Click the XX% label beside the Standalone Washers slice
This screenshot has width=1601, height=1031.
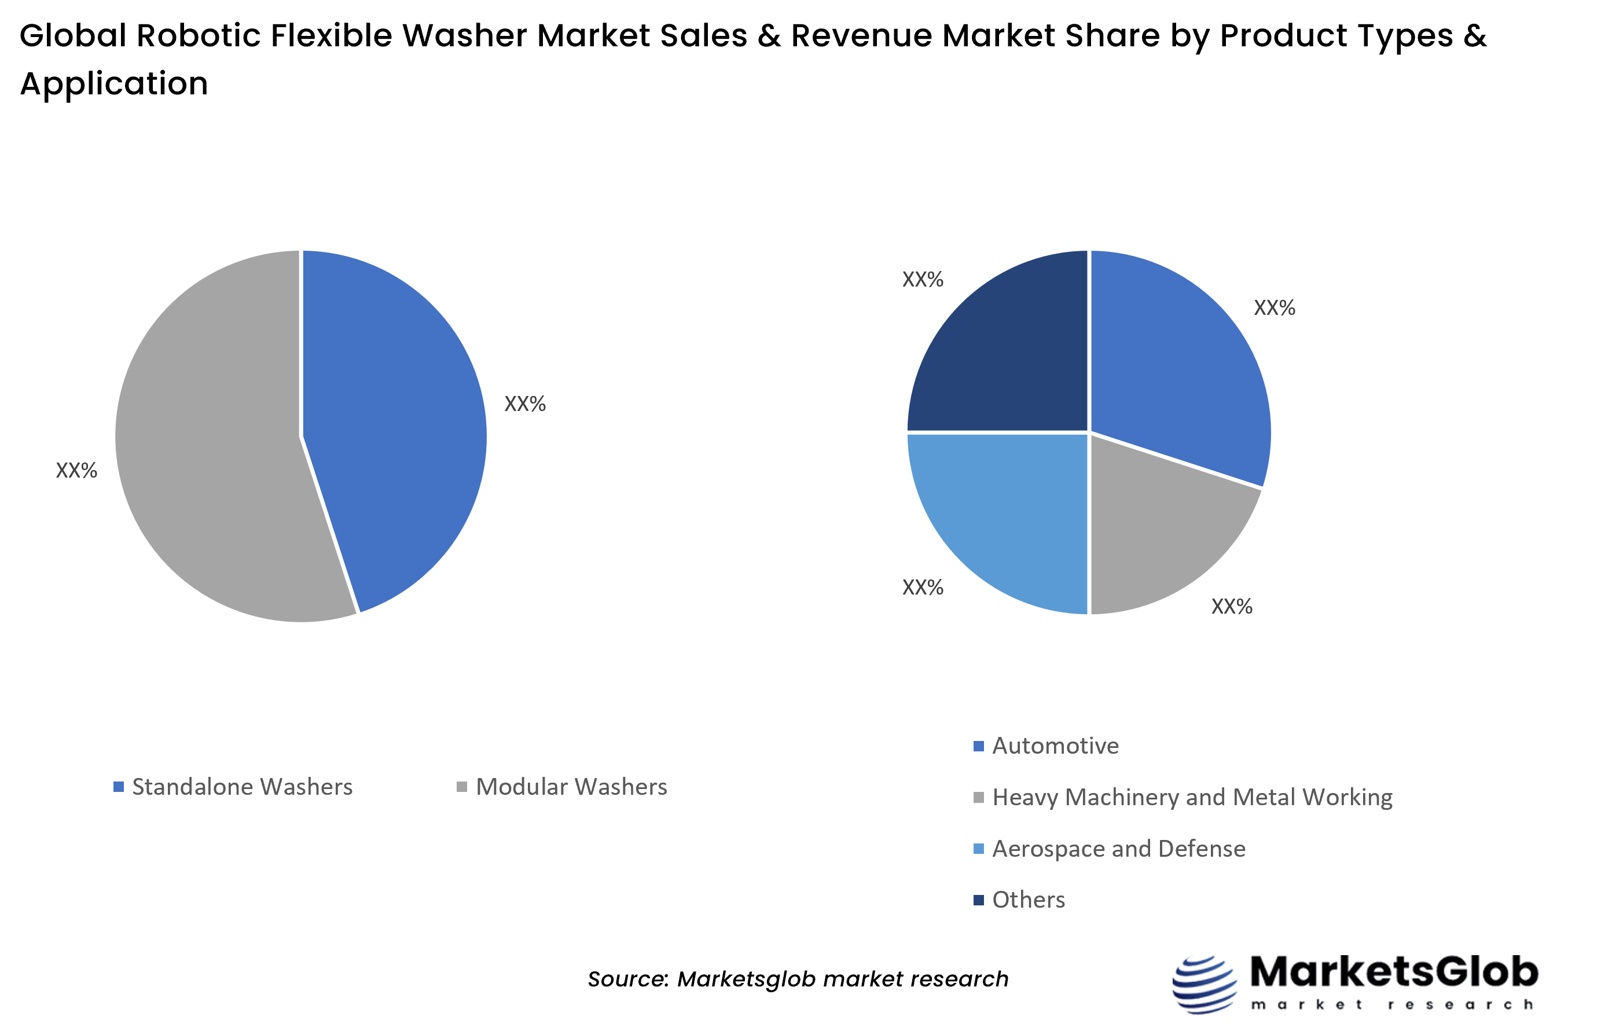tap(525, 403)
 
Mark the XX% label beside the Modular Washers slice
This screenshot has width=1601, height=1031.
tap(76, 471)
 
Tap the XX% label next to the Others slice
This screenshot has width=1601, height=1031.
tap(922, 279)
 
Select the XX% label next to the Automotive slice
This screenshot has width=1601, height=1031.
tap(1274, 308)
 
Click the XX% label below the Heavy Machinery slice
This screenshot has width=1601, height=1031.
tap(1232, 607)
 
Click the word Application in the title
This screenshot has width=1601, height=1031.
tap(114, 84)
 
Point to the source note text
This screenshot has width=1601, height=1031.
tap(798, 979)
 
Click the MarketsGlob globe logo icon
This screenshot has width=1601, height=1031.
tap(1204, 984)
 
